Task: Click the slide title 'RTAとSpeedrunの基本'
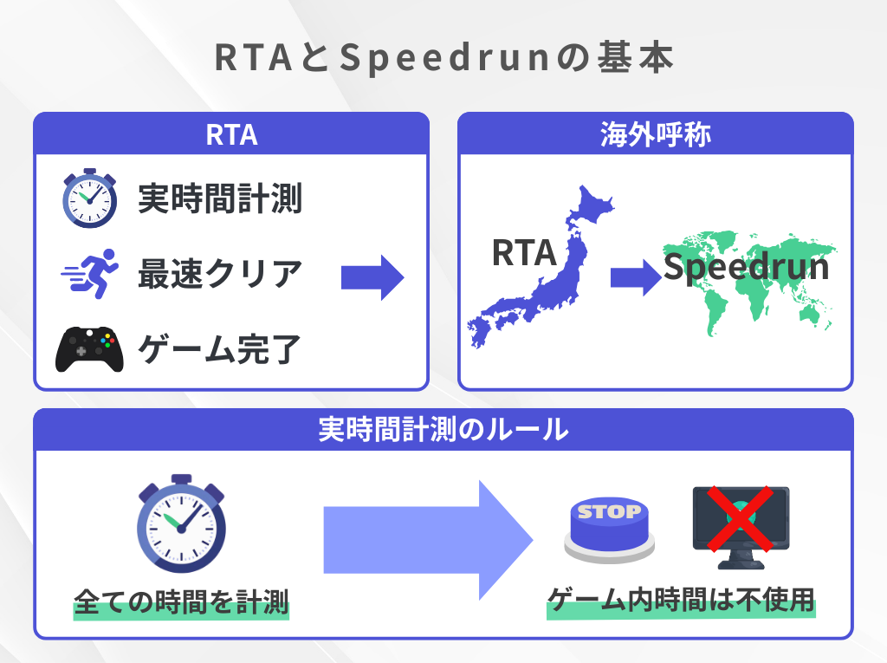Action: tap(443, 59)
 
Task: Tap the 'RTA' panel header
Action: tap(231, 134)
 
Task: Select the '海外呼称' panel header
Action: tap(656, 134)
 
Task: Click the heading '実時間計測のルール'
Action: tap(443, 429)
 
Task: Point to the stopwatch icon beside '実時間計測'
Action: tap(89, 198)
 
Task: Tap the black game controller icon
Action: tap(88, 348)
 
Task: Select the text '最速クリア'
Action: tap(220, 275)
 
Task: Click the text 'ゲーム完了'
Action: tap(220, 349)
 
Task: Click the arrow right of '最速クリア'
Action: tap(372, 277)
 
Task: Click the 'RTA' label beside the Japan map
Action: tap(523, 252)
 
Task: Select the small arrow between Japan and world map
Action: tap(636, 277)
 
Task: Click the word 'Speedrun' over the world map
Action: tap(746, 266)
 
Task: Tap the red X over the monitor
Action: tap(738, 520)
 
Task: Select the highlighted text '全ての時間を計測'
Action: tap(181, 601)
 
